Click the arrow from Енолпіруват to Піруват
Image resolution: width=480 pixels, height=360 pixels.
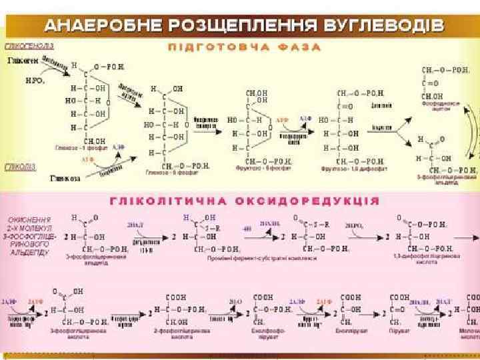[375, 310]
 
